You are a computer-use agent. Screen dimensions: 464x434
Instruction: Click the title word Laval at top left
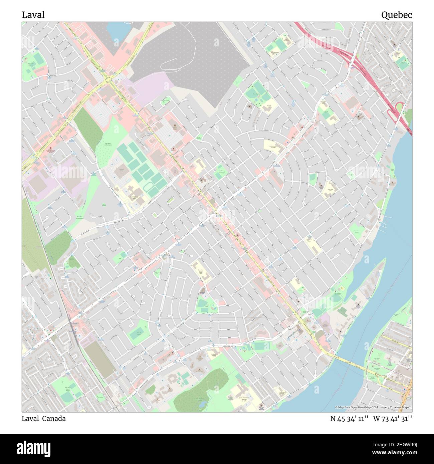pos(33,15)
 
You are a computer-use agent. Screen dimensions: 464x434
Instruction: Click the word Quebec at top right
pos(397,15)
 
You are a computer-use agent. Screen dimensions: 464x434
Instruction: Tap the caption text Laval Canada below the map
pos(44,419)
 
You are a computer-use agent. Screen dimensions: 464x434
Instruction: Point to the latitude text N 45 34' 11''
pos(349,419)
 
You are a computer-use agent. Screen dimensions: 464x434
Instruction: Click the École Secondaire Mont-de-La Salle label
pos(235,399)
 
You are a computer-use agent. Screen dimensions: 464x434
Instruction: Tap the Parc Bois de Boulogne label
pos(108,144)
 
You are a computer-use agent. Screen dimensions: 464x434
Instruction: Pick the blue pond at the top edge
pos(117,29)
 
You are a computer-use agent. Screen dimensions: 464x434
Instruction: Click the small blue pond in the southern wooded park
pos(202,404)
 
